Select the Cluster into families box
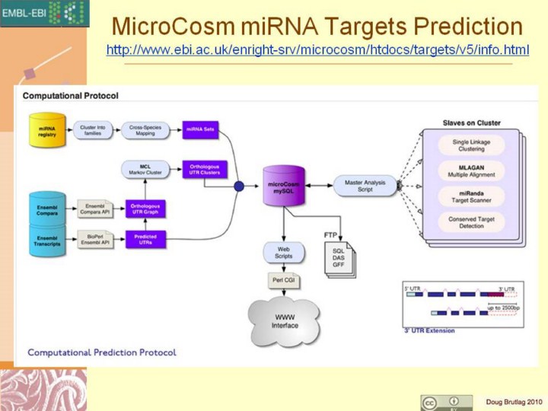pyautogui.click(x=92, y=130)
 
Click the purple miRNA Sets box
pyautogui.click(x=199, y=130)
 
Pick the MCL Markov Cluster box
pyautogui.click(x=139, y=169)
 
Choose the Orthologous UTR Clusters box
pyautogui.click(x=199, y=169)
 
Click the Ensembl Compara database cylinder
pyautogui.click(x=46, y=207)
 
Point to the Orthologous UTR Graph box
pyautogui.click(x=145, y=207)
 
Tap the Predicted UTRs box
pyautogui.click(x=145, y=239)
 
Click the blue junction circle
pyautogui.click(x=238, y=185)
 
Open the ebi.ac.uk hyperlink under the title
pyautogui.click(x=317, y=51)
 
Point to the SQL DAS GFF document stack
pyautogui.click(x=339, y=259)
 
